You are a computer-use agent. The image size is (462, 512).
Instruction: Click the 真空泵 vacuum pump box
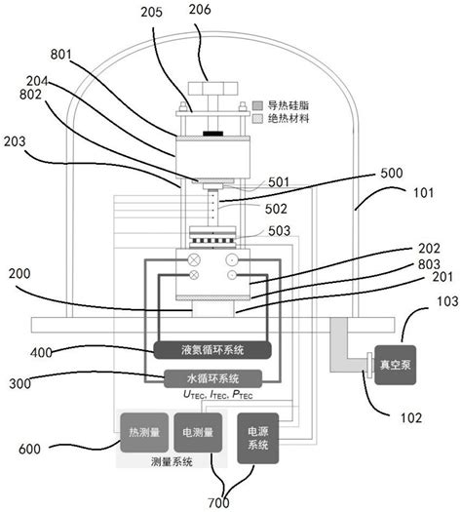point(395,365)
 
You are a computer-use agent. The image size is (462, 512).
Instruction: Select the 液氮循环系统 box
point(212,350)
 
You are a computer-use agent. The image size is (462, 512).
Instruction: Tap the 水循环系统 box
point(212,378)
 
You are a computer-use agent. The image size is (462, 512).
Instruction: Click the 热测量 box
point(144,433)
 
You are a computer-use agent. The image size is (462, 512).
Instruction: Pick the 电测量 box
point(198,433)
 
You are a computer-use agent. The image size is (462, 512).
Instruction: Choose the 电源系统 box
point(257,438)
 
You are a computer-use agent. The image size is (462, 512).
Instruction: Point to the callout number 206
point(200,9)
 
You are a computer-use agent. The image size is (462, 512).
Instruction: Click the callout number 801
point(60,55)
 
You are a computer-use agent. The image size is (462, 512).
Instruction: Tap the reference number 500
point(392,173)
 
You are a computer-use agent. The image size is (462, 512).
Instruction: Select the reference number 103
point(447,301)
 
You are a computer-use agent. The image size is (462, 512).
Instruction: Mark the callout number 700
point(218,503)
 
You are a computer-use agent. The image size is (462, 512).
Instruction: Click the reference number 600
point(29,449)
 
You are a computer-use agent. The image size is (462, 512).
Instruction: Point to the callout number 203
point(15,141)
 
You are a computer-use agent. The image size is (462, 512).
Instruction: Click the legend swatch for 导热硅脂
point(257,105)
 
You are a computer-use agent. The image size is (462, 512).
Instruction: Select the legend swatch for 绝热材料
point(257,119)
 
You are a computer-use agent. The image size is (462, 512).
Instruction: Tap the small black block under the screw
point(212,134)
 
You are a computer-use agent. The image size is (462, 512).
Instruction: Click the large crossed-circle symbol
point(194,260)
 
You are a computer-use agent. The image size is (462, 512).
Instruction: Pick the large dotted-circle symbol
point(232,260)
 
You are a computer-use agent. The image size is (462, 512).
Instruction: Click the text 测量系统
point(172,461)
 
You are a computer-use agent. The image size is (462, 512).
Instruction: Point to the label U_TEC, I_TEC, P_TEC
point(218,395)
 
